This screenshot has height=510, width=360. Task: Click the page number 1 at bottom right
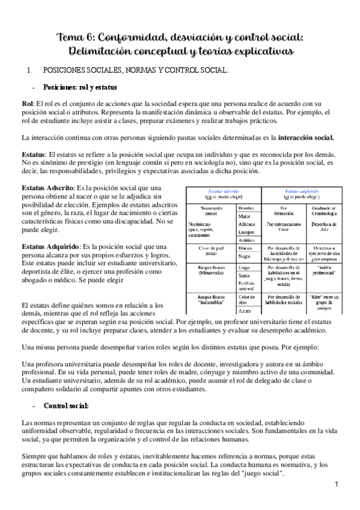[x=337, y=485]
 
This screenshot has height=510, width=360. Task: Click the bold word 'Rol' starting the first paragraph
[x=27, y=104]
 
